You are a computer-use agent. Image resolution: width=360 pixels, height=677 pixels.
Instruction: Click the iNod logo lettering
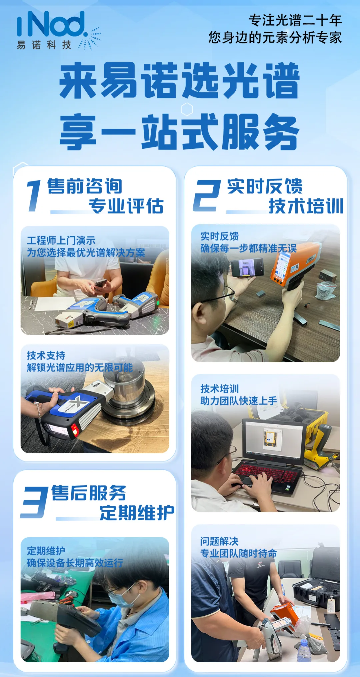[x=52, y=24]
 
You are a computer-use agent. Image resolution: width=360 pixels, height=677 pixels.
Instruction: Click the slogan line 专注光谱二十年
[x=295, y=20]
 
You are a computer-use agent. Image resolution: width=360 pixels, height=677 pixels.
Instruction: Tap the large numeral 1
[x=34, y=196]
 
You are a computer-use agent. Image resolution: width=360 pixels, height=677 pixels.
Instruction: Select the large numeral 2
[x=207, y=196]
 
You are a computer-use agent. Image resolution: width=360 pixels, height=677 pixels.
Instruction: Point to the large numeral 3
[x=34, y=502]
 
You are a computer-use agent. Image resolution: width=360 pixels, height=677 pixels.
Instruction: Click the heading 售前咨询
[x=85, y=186]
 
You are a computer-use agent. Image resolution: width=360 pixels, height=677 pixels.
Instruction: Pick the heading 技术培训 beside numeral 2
[x=306, y=206]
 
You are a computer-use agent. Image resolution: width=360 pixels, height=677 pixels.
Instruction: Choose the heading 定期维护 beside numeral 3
[x=137, y=513]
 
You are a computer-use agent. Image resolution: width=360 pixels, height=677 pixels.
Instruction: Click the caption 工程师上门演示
[x=61, y=240]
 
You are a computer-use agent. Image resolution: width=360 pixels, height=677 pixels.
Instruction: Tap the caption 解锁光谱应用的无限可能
[x=80, y=368]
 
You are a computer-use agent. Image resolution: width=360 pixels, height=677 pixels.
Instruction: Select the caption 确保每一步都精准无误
[x=248, y=248]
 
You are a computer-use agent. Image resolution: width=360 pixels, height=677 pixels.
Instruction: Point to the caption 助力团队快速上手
[x=239, y=401]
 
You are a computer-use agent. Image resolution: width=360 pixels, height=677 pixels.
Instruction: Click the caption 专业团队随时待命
[x=239, y=554]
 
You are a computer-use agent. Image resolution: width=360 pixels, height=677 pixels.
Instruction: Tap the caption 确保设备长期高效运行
[x=75, y=563]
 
